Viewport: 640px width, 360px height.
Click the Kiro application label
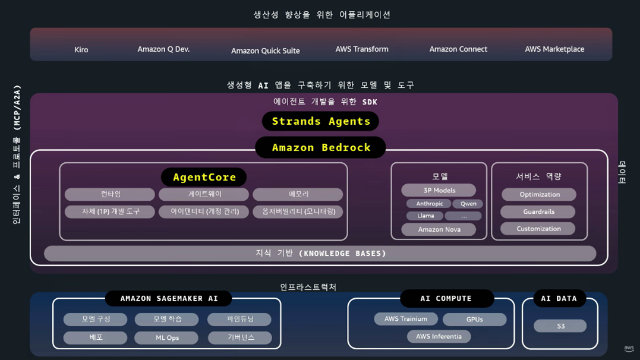coord(81,49)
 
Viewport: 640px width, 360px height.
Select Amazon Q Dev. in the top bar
coord(163,49)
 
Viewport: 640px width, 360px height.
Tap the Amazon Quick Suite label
coord(265,50)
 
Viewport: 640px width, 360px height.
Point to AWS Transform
coord(362,49)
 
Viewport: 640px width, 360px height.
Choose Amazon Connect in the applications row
coord(458,49)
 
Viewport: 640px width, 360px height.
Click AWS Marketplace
coord(554,49)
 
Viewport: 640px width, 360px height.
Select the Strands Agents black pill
coord(321,121)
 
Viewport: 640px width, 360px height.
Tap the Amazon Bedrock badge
coord(321,147)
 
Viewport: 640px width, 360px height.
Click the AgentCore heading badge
coord(204,177)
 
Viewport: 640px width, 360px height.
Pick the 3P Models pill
coord(439,190)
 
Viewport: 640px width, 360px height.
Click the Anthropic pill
coord(429,204)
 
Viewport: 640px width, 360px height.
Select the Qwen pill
coord(468,204)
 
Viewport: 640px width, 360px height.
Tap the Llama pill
coord(425,216)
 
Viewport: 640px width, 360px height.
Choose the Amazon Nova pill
coord(439,229)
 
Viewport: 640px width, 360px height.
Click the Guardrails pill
coord(539,211)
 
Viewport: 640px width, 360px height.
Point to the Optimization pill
coord(539,194)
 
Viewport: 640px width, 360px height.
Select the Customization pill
coord(538,229)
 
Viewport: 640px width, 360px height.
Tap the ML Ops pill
coord(167,337)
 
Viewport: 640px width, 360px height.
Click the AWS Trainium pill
coord(406,319)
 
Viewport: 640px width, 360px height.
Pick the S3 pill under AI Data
coord(560,326)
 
